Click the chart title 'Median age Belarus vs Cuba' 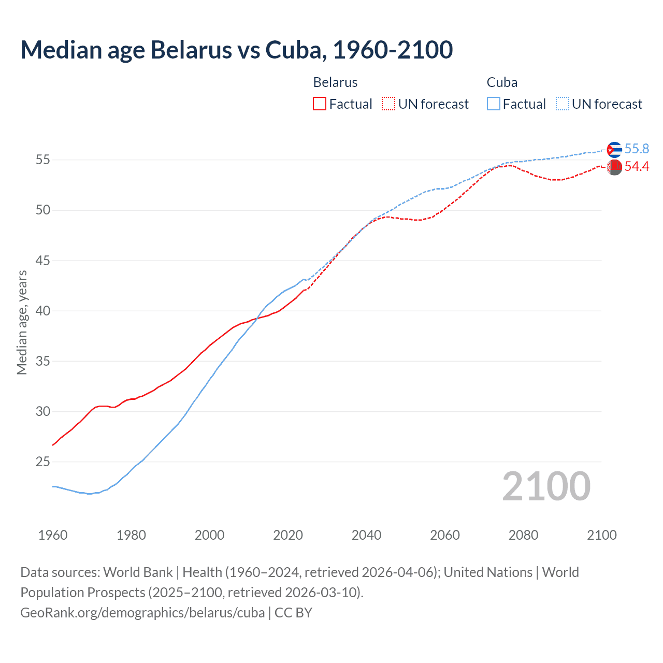tap(237, 50)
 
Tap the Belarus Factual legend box tap(320, 104)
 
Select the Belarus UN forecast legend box tap(388, 104)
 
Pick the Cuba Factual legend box tap(494, 104)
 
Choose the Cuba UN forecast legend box tap(563, 104)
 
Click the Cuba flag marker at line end tap(614, 150)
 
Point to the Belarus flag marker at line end tap(614, 167)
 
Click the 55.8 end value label tap(637, 149)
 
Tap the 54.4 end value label tap(637, 167)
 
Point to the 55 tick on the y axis tap(43, 160)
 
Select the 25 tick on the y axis tap(43, 462)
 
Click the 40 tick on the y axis tap(43, 311)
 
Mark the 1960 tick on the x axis tap(53, 535)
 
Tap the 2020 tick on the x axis tap(288, 535)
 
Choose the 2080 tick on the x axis tap(523, 535)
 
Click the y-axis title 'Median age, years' tap(22, 322)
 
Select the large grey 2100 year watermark tap(546, 486)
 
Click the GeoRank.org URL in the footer tap(142, 613)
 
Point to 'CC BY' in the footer tap(293, 613)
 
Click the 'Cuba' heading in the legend tap(502, 82)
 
